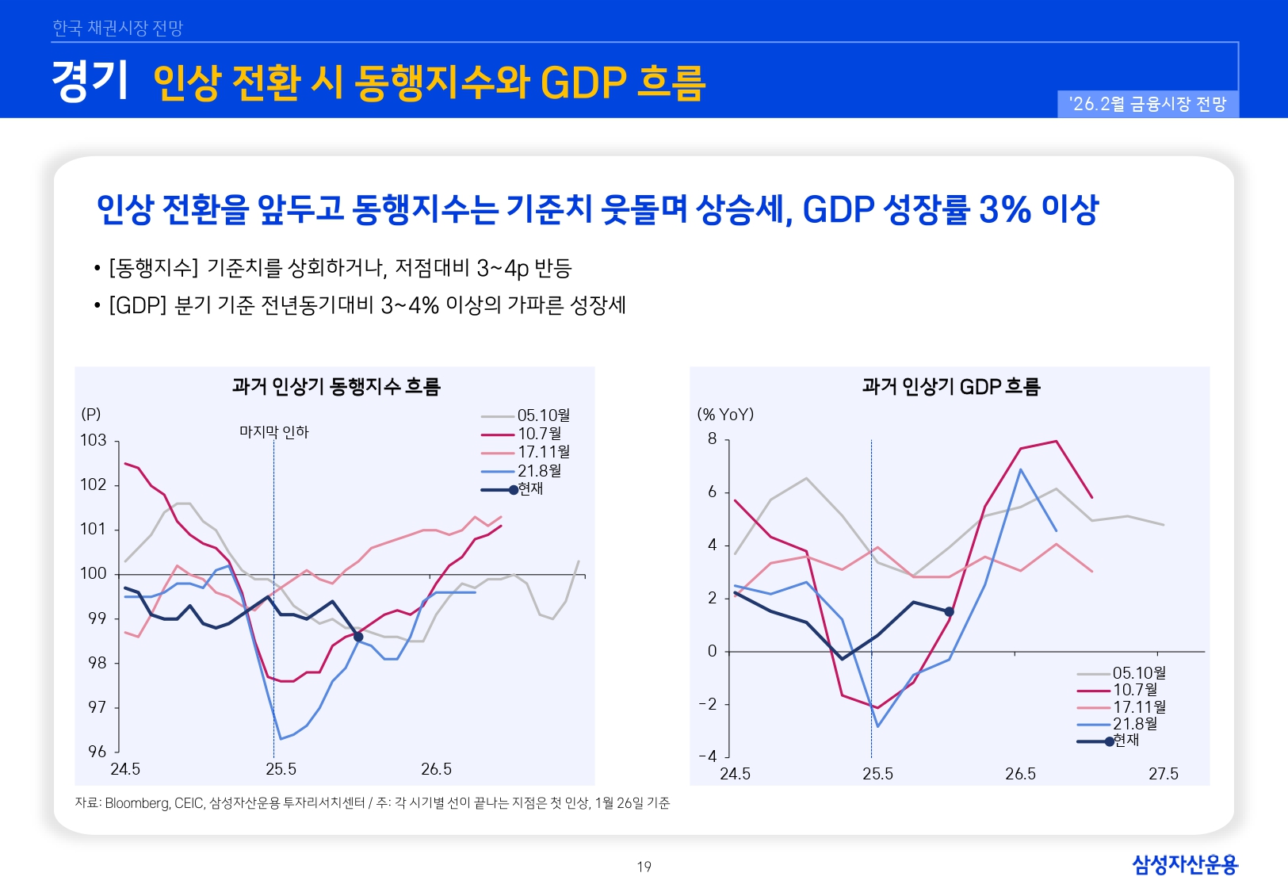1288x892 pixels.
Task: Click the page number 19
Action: coord(644,867)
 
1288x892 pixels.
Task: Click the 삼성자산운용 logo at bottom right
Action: coord(1184,864)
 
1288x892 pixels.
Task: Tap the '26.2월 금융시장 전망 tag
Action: coord(1147,104)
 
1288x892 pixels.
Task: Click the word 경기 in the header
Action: coord(89,81)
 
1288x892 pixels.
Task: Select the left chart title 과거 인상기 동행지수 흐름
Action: coord(335,386)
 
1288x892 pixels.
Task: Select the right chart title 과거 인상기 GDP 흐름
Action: coord(950,386)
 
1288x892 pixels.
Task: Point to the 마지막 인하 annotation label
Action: coord(273,432)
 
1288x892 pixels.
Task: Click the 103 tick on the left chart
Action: coord(93,440)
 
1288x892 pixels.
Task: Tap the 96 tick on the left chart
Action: coord(97,752)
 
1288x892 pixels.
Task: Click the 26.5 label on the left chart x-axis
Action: coord(436,769)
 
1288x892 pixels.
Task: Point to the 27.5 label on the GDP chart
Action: coord(1163,774)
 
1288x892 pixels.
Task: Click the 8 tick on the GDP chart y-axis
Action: coord(712,439)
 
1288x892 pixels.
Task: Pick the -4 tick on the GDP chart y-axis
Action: coord(708,757)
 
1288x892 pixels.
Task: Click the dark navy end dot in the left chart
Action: coord(358,637)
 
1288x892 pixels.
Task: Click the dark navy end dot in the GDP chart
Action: coord(950,611)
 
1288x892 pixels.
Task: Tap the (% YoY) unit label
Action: coord(725,414)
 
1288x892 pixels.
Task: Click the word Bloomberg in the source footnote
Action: coord(136,803)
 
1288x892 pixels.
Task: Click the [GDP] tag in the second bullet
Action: coord(137,305)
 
